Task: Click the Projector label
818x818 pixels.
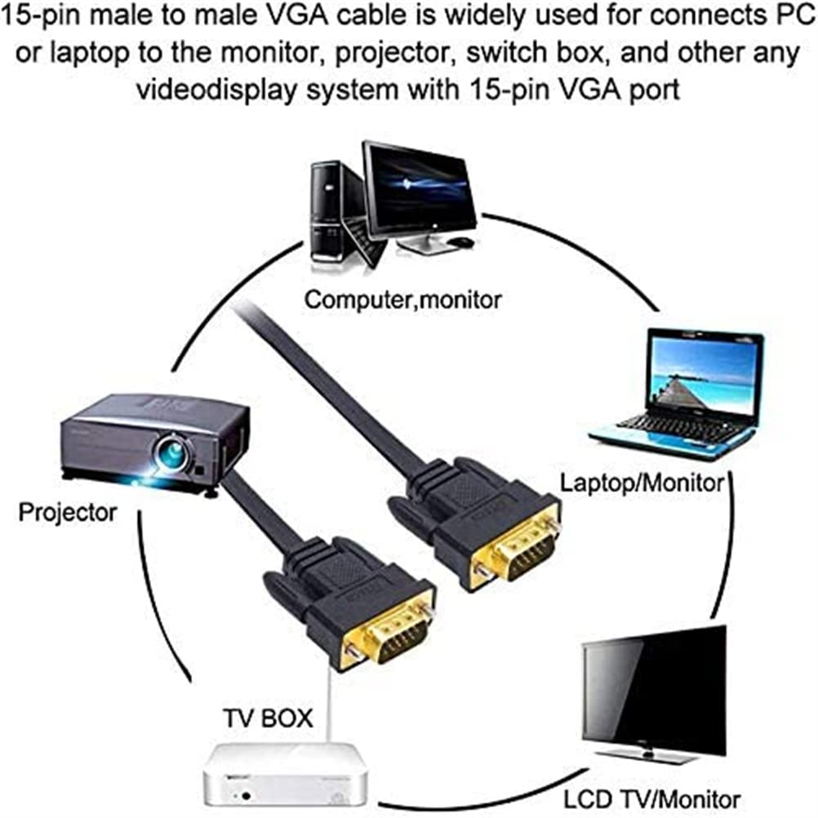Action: [x=67, y=513]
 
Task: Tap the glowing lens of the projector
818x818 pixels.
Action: [x=174, y=449]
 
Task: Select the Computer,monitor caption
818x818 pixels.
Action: [x=402, y=300]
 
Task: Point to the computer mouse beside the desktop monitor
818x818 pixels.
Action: [x=462, y=242]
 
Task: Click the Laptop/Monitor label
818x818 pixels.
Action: [x=642, y=483]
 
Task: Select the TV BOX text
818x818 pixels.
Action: [x=268, y=718]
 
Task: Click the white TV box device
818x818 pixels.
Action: [x=284, y=775]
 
